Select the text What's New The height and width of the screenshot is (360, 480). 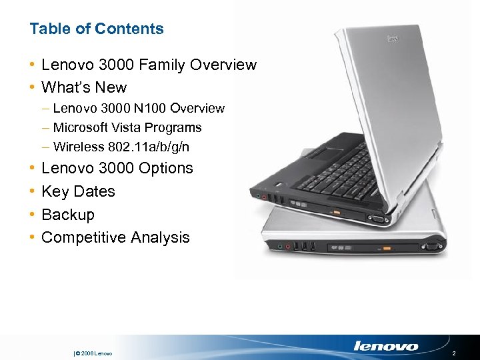pos(84,87)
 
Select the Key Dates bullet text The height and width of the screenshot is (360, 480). pos(78,191)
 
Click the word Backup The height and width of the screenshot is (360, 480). pos(68,215)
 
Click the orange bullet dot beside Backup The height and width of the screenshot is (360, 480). pos(33,215)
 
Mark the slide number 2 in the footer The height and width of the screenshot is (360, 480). pos(453,353)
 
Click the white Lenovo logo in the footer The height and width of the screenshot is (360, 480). pos(385,346)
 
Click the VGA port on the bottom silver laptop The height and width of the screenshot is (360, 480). pos(431,247)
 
